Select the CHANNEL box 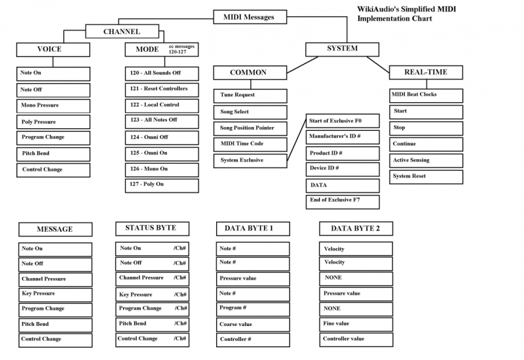point(122,31)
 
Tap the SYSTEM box point(342,48)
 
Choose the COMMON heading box point(250,72)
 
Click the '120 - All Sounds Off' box point(161,73)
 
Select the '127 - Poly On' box point(161,185)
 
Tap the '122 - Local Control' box point(161,105)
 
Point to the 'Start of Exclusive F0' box point(342,122)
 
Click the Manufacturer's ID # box point(342,137)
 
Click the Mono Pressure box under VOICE point(54,105)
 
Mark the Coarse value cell point(253,324)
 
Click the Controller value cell point(356,339)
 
